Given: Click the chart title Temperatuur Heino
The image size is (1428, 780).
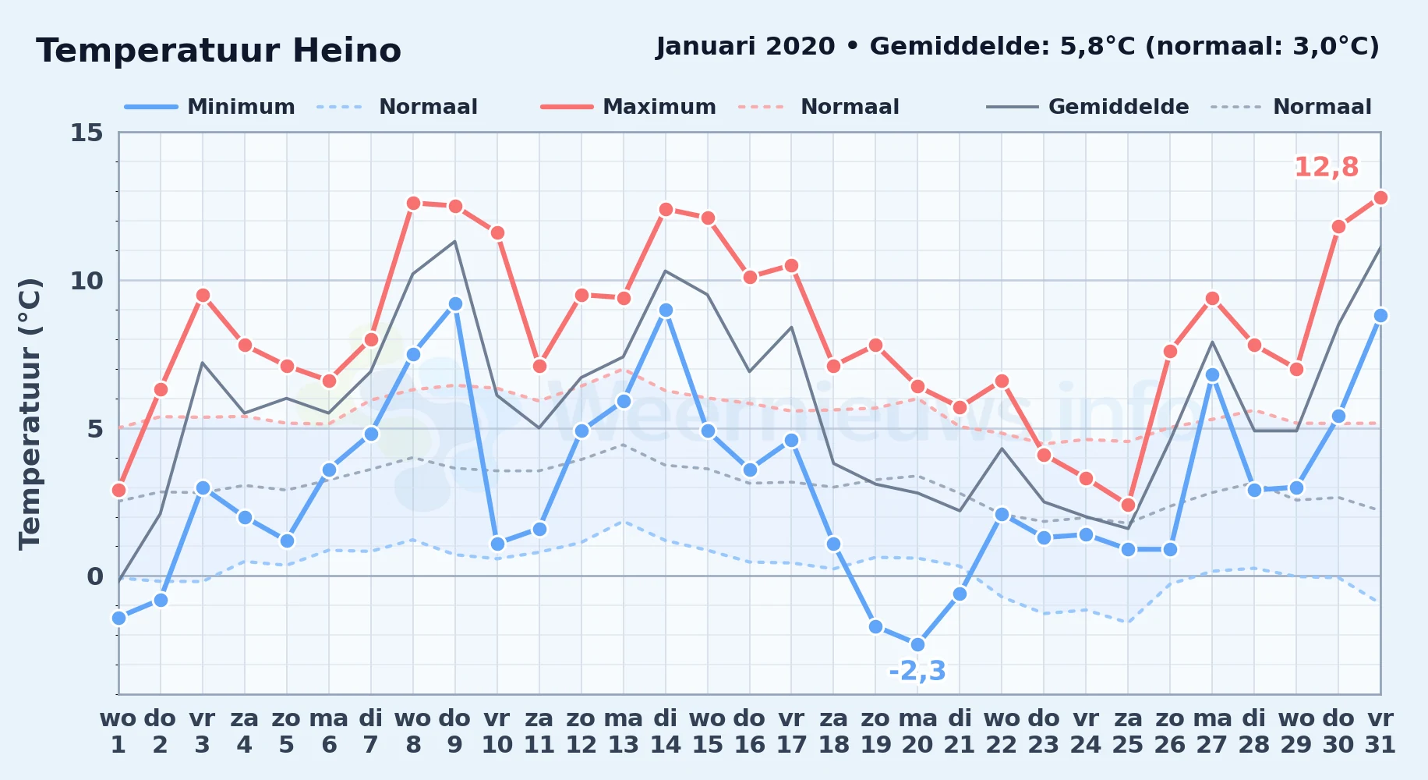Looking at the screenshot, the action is [218, 51].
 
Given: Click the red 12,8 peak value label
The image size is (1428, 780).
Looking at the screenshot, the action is [1326, 167].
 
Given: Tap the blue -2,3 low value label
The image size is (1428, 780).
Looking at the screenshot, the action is [917, 671].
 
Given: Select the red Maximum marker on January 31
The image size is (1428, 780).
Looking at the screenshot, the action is [1380, 197].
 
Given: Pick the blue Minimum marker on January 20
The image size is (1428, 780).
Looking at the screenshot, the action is [917, 644].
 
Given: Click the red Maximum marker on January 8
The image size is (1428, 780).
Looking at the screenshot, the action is [413, 203].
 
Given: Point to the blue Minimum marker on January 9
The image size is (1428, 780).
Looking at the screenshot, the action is [455, 303].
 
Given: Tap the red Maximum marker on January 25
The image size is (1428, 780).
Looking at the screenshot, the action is [1128, 505].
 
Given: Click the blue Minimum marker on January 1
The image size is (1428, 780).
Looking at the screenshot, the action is [118, 618].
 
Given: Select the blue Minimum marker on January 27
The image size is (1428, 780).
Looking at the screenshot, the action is [1212, 374].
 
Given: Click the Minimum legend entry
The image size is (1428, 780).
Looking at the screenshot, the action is [210, 107].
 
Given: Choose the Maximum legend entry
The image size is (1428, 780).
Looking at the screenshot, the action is [628, 107].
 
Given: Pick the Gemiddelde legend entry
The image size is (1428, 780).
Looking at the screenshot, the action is [1088, 107].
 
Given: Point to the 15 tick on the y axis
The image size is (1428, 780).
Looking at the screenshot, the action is [87, 133].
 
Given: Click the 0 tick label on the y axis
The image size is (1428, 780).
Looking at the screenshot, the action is [95, 576].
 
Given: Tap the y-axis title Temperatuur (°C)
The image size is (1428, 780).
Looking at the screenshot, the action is [30, 413].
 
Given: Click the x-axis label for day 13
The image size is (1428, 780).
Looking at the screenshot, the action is [624, 732].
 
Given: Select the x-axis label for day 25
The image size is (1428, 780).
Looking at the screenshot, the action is [1128, 732].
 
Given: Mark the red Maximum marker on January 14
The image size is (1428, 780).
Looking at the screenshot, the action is [666, 209].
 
